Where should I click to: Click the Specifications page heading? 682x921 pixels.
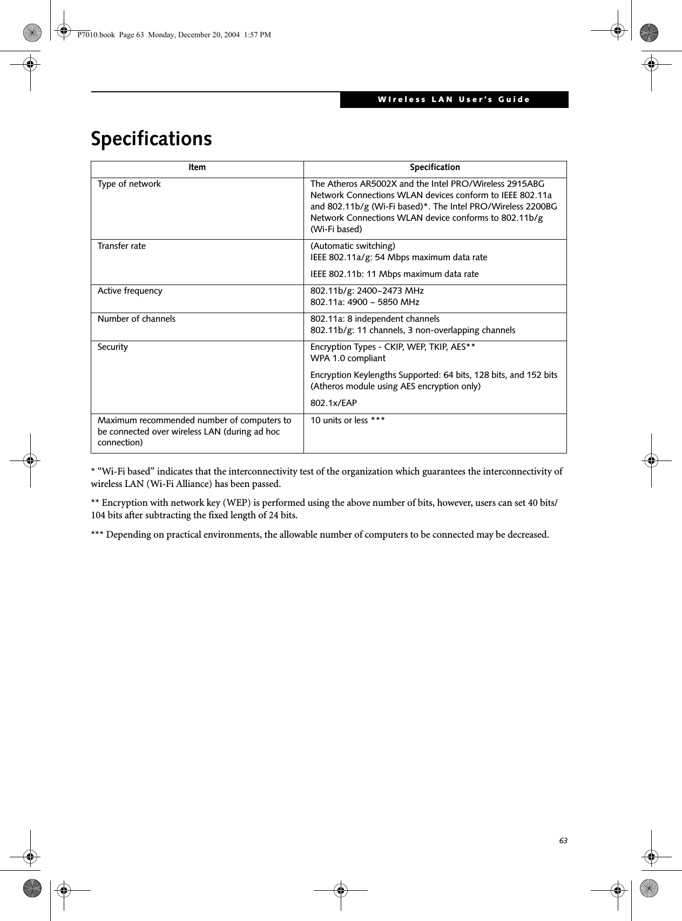(x=151, y=139)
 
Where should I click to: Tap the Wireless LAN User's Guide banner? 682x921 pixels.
(x=454, y=99)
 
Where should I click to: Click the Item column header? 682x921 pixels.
(x=197, y=167)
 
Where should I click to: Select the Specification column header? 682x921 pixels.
(x=435, y=167)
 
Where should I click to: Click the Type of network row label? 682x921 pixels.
(x=129, y=184)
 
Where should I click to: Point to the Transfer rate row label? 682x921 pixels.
(x=121, y=246)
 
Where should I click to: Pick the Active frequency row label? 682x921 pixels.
(x=130, y=291)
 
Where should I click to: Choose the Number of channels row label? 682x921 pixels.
(x=136, y=319)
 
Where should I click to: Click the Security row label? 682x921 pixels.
(x=113, y=347)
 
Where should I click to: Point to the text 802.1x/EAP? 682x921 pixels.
(x=333, y=403)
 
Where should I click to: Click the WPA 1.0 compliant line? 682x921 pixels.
(x=348, y=358)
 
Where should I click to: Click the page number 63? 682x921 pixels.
(x=563, y=826)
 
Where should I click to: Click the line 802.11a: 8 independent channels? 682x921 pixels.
(x=375, y=319)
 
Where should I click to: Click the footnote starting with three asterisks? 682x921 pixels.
(x=320, y=535)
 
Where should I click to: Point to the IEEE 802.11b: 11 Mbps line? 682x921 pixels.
(x=394, y=274)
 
